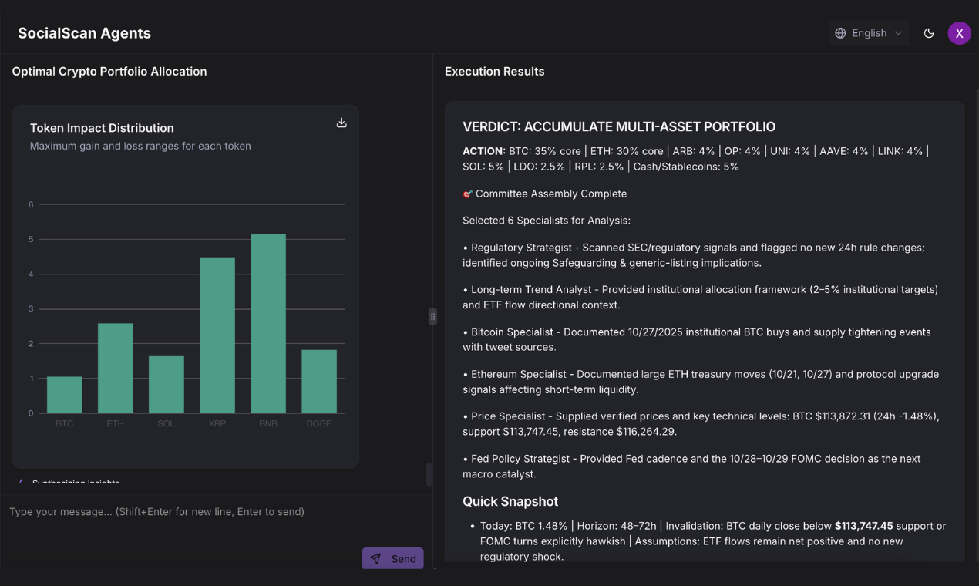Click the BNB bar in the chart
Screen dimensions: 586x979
click(x=268, y=323)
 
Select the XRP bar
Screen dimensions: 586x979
click(x=217, y=335)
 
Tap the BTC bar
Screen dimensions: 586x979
click(x=65, y=394)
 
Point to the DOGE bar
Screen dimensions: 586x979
click(x=319, y=381)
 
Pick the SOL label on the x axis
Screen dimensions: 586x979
click(x=166, y=423)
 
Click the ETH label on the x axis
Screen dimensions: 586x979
click(x=115, y=423)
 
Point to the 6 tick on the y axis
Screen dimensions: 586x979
click(x=31, y=204)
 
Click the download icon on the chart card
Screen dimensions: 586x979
click(x=341, y=123)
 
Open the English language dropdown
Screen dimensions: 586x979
click(x=869, y=33)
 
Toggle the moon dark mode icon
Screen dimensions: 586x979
click(x=929, y=33)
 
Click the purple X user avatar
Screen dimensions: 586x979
click(x=959, y=33)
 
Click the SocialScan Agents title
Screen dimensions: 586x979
click(x=84, y=33)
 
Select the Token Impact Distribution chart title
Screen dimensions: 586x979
click(x=102, y=128)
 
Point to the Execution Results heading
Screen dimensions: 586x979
click(x=494, y=72)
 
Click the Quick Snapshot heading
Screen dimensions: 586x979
click(x=510, y=501)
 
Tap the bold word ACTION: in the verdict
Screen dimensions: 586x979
click(x=484, y=151)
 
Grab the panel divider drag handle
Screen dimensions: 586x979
click(x=432, y=316)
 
